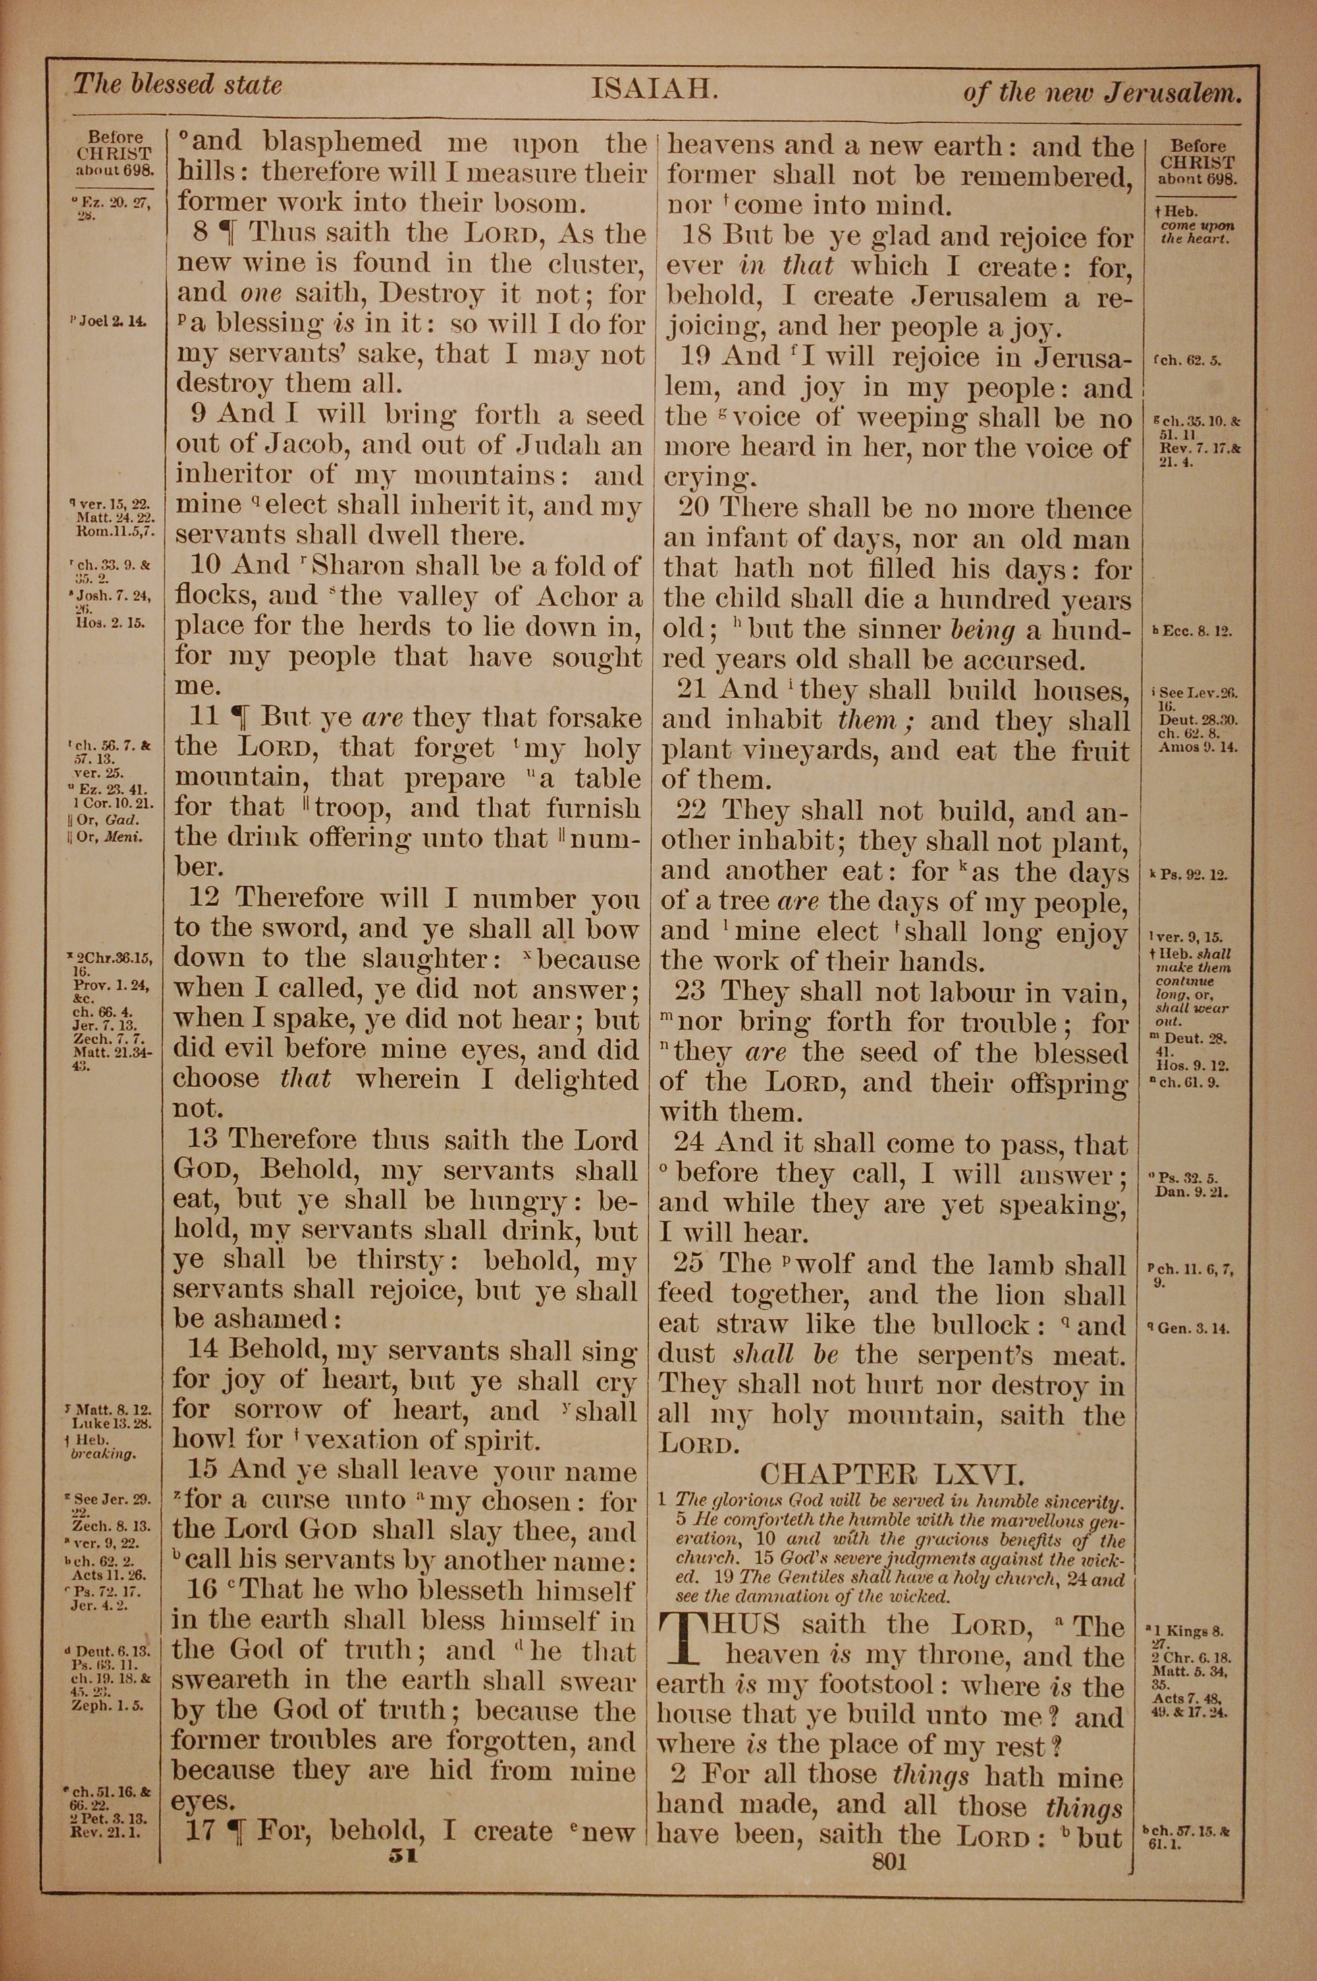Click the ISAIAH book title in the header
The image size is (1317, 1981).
[x=655, y=89]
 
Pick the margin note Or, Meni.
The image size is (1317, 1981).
[x=109, y=836]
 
